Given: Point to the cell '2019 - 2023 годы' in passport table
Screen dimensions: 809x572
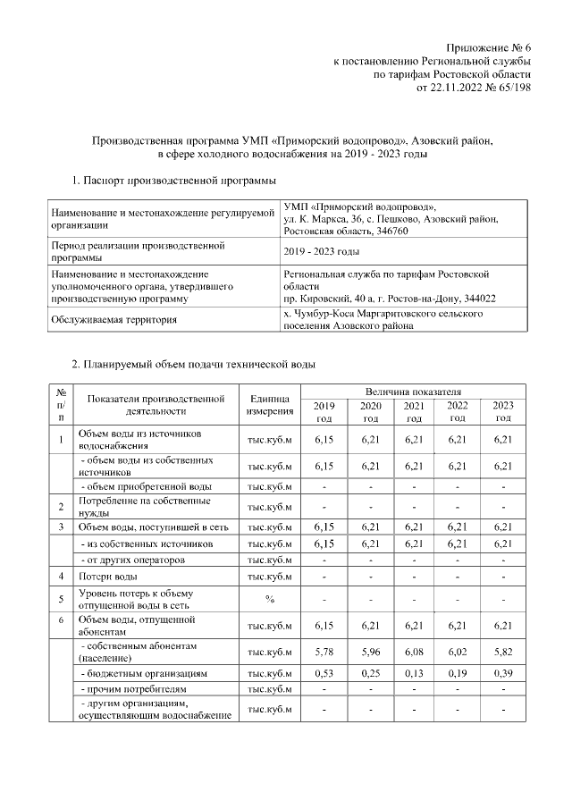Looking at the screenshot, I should [321, 251].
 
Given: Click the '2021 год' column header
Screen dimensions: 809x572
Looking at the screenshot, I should [413, 412].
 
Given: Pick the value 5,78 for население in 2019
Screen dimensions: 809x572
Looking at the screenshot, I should [324, 651].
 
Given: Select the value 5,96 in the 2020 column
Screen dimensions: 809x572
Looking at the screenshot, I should [369, 651].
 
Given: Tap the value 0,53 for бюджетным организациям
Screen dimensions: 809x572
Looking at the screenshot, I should [324, 672].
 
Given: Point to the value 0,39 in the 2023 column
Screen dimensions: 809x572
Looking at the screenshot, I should [502, 672].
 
